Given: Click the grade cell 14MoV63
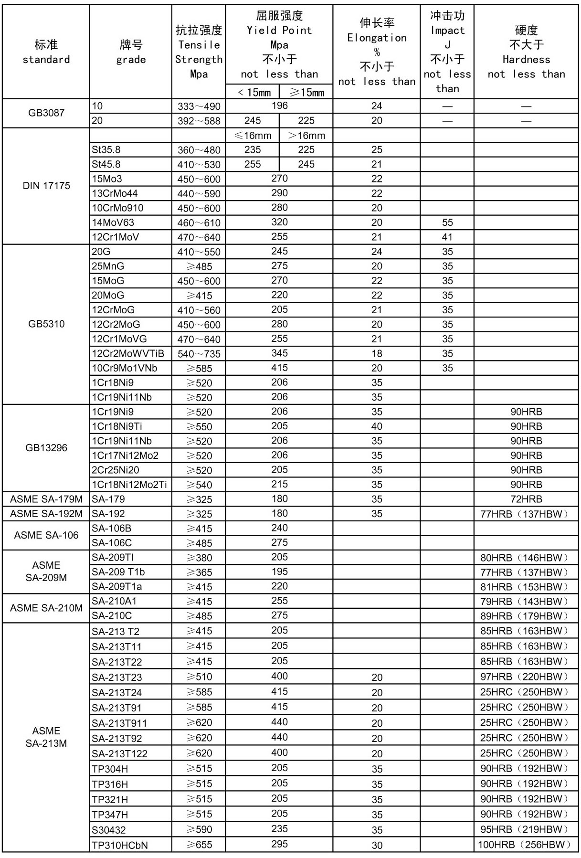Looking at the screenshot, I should coord(113,222).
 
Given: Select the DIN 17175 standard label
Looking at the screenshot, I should coord(46,186).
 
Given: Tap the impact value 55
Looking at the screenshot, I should coord(447,222).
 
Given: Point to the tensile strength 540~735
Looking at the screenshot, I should coord(199,354).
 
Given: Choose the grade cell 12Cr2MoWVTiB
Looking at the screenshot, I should coord(128,354).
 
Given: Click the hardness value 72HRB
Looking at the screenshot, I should coord(526,499).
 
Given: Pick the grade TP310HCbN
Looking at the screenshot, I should coord(120,845).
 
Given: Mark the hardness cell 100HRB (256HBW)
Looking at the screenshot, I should coord(526,845).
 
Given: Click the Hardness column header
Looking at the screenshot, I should coord(526,52).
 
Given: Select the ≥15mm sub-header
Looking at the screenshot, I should coord(306,92).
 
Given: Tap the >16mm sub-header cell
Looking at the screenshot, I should coord(306,136).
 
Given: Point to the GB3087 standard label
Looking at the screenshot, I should coord(46,113).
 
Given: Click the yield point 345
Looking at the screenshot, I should coord(279,353).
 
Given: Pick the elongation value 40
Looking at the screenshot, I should coord(377,426).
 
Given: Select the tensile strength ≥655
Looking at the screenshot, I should coord(199,845).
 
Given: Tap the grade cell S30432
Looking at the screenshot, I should coord(109,830).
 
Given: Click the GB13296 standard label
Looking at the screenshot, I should coord(46,448).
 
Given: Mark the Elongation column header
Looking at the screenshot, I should coord(377,52).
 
